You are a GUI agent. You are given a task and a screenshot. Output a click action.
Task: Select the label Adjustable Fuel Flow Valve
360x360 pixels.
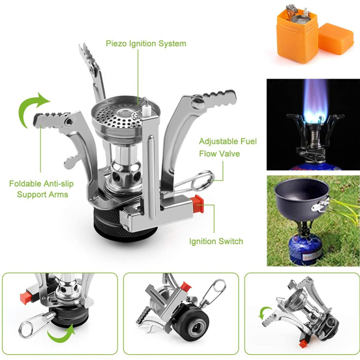(x=228, y=147)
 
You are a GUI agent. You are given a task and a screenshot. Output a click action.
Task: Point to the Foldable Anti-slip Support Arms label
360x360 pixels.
(x=42, y=189)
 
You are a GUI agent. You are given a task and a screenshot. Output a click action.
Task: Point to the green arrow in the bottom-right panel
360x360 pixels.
(x=264, y=314)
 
